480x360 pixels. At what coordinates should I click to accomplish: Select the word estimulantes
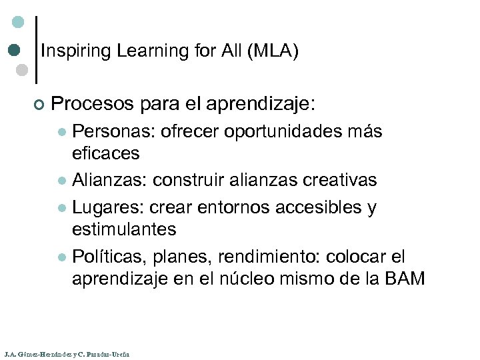pos(124,229)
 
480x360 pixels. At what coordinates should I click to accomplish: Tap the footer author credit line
pos(66,354)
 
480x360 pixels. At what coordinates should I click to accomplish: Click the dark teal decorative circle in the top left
pos(14,50)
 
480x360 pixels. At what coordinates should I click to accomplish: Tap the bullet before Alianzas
pos(62,181)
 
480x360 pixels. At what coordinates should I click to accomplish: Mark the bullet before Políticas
pos(62,257)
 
